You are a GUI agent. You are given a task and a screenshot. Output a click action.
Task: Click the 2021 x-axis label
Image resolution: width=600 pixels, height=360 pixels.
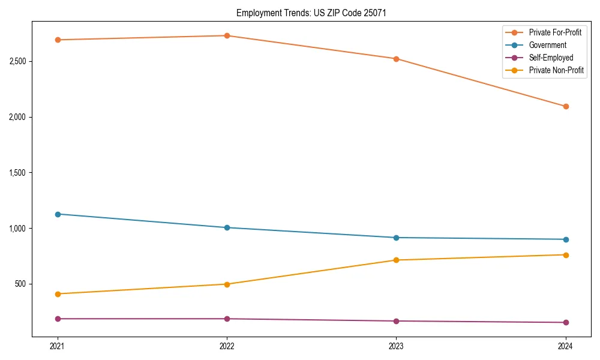point(58,346)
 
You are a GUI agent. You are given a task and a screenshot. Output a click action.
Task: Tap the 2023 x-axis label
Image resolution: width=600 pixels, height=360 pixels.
point(396,346)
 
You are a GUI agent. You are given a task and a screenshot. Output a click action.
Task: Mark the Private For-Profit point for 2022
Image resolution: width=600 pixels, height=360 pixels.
point(227,35)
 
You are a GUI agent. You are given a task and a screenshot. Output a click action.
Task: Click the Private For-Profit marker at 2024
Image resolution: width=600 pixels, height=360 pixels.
point(565,106)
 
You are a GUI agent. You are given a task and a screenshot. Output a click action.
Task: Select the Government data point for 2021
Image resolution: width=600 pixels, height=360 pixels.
point(58,214)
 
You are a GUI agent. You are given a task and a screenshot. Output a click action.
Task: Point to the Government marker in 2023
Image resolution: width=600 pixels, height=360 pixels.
point(396,238)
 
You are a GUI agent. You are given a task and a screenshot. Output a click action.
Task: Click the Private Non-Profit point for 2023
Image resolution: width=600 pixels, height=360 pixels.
point(396,260)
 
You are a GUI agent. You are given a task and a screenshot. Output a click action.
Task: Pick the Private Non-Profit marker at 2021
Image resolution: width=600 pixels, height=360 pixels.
point(58,294)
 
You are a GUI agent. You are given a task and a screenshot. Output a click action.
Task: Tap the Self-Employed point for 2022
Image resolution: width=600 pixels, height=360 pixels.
point(227,319)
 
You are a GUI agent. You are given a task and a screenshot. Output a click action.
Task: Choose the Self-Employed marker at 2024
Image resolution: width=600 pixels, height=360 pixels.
point(565,322)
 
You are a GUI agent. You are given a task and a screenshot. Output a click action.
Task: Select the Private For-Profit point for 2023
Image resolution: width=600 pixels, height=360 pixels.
point(396,59)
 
